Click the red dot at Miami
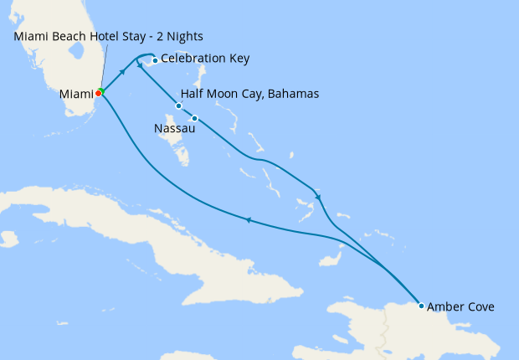click(x=98, y=94)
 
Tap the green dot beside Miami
click(x=101, y=90)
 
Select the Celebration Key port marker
click(x=155, y=60)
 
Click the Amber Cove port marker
click(x=421, y=306)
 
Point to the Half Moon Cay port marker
click(x=178, y=105)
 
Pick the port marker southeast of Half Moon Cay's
click(x=194, y=118)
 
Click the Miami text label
click(x=75, y=95)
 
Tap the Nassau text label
click(x=175, y=129)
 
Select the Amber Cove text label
click(x=460, y=307)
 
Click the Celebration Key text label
click(x=205, y=59)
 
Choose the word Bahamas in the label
click(x=293, y=94)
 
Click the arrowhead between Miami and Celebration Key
click(x=123, y=72)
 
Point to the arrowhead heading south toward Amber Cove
click(x=318, y=197)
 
